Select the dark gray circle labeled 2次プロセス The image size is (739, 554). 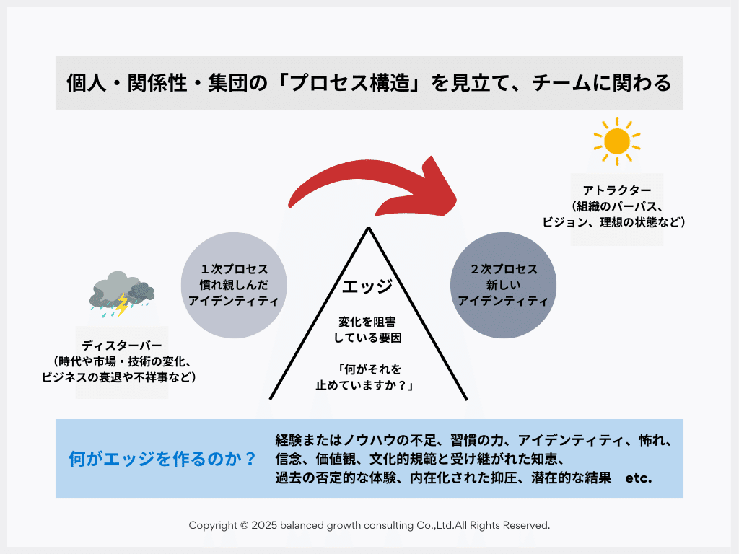click(x=503, y=285)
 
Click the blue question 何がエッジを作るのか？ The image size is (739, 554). click(x=162, y=459)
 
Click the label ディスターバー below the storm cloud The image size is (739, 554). click(x=122, y=346)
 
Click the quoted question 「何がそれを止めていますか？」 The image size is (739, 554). click(x=369, y=377)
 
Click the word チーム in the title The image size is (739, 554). click(x=560, y=83)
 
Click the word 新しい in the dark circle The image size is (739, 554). click(x=503, y=285)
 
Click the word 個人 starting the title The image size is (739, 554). click(x=82, y=83)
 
